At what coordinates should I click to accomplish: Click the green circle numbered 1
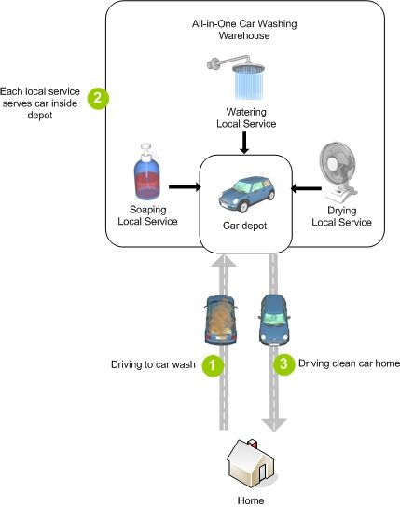[x=213, y=365]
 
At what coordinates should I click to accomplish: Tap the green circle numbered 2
[x=98, y=98]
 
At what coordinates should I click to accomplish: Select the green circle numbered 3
[x=283, y=364]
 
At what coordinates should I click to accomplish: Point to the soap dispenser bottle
[x=147, y=171]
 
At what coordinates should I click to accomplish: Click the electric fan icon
[x=338, y=172]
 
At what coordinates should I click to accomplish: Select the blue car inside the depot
[x=247, y=193]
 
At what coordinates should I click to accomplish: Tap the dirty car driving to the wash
[x=221, y=320]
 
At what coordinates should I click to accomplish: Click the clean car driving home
[x=274, y=320]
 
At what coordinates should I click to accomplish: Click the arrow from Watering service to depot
[x=245, y=143]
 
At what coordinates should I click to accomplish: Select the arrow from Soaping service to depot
[x=185, y=187]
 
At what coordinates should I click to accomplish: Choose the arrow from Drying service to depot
[x=307, y=188]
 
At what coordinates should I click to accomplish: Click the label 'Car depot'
[x=245, y=226]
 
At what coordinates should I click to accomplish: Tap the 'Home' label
[x=251, y=500]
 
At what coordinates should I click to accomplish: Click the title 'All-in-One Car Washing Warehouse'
[x=244, y=30]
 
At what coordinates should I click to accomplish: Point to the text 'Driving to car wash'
[x=153, y=364]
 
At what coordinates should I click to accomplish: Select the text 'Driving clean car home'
[x=349, y=363]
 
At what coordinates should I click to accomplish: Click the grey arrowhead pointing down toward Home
[x=274, y=425]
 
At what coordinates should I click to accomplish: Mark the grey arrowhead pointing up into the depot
[x=224, y=260]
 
